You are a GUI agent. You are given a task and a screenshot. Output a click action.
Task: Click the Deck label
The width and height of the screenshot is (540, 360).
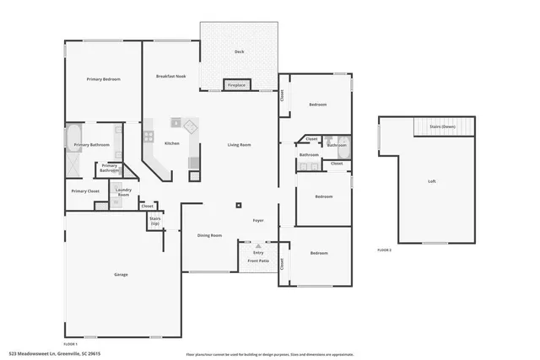pos(239,52)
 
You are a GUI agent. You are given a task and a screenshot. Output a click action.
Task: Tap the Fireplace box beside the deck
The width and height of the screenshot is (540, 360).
pos(236,85)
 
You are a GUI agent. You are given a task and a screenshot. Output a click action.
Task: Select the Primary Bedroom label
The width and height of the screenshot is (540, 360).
pos(103,79)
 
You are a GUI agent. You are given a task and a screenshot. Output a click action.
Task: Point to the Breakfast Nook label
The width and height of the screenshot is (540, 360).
pos(170,77)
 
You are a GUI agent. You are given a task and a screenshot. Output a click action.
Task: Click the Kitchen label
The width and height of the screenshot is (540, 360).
pos(171,143)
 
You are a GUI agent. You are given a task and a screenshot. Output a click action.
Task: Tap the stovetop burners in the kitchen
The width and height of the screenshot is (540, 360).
pos(148,135)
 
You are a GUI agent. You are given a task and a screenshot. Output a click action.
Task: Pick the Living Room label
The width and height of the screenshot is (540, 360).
pos(239,145)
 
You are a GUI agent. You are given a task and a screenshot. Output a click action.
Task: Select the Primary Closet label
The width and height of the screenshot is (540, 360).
pos(85,191)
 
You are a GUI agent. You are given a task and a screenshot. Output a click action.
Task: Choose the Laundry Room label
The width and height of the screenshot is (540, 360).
pos(122,192)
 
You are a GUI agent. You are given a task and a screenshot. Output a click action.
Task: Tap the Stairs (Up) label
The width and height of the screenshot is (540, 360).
pos(155,220)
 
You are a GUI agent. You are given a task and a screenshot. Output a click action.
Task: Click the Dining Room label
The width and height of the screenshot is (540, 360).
pos(209,235)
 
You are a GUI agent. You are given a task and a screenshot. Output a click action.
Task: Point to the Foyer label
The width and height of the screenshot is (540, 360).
pos(259,221)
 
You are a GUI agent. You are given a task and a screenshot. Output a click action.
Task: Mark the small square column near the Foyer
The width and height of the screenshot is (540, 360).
pos(239,204)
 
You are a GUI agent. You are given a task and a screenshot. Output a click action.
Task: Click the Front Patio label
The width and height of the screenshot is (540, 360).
pos(258,261)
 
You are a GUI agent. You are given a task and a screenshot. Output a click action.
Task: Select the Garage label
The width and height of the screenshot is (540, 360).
pos(121,275)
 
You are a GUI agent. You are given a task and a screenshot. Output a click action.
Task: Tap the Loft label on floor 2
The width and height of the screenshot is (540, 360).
pos(432,181)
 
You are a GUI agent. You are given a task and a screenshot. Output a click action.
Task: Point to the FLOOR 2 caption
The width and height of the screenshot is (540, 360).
pos(384,250)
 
